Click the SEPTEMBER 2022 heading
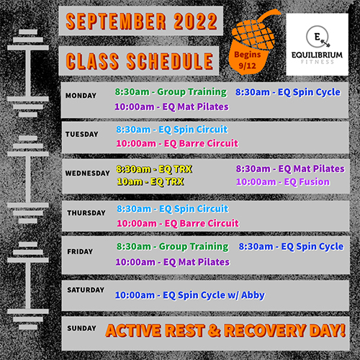141,22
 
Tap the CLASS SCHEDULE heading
140,61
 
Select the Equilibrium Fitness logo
317,45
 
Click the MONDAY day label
81,96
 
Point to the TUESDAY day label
81,134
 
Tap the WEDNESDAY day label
87,173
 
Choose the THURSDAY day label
86,213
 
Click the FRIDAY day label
80,251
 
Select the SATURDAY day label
86,290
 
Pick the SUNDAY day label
81,328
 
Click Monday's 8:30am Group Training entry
171,92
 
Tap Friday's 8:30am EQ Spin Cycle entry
291,247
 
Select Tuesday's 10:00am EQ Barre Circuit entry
177,143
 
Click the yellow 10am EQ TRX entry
150,181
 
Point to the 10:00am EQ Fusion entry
283,182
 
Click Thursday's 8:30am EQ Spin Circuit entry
173,209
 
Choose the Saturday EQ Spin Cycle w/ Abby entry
190,295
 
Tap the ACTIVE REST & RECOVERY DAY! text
225,330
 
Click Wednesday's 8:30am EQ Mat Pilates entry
290,169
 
